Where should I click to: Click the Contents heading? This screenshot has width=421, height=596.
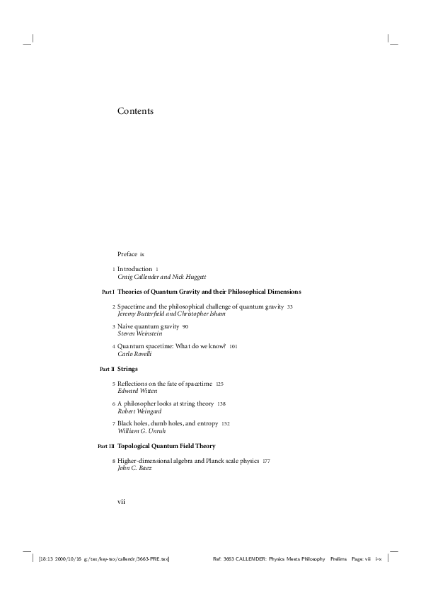[x=135, y=111]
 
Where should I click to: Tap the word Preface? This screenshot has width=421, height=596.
[x=127, y=253]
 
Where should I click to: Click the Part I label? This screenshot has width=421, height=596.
[x=108, y=292]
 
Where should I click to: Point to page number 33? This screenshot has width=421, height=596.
[x=290, y=307]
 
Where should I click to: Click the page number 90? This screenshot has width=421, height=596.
[x=185, y=327]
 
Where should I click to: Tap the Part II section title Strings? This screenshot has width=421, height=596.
[x=127, y=369]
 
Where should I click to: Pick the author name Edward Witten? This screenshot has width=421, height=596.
[x=137, y=390]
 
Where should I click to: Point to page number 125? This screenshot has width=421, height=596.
[x=220, y=384]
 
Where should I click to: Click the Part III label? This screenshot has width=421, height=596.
[x=105, y=447]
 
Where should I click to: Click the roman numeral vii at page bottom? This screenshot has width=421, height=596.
[x=121, y=501]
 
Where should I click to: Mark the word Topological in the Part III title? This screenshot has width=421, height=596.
[x=137, y=446]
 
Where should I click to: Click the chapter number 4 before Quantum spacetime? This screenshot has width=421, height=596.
[x=114, y=347]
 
